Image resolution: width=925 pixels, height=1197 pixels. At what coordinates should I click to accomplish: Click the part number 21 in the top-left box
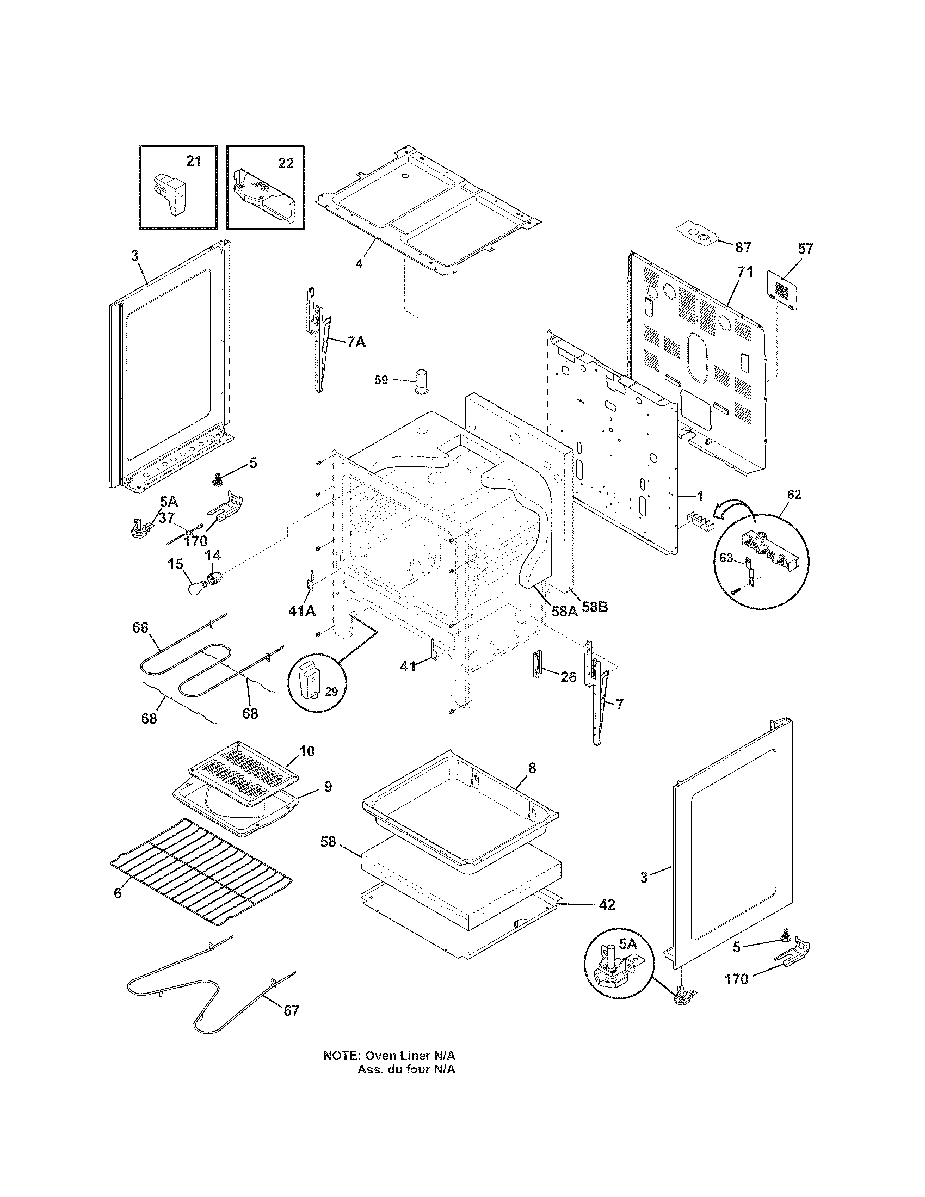194,161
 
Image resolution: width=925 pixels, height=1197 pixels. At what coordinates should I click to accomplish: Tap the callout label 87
743,248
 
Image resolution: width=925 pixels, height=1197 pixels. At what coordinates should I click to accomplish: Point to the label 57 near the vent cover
805,249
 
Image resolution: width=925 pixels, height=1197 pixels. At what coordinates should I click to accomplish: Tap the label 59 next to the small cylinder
381,379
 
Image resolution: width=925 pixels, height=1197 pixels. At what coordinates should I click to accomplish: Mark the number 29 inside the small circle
331,692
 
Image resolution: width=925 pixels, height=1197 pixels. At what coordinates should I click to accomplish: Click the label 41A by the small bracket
302,610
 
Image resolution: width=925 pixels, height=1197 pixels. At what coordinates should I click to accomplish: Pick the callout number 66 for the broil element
140,627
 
